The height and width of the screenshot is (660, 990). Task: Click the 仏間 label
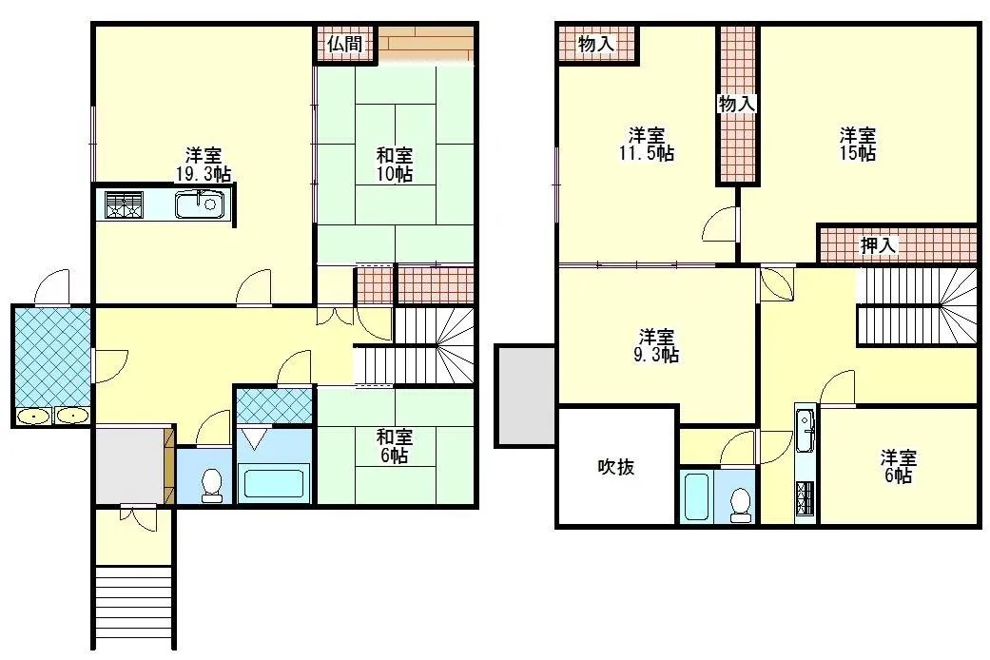point(344,44)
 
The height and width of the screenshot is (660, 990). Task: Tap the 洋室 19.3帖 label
point(203,165)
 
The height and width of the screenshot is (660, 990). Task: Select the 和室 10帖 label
point(395,165)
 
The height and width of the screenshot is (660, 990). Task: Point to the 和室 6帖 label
point(395,446)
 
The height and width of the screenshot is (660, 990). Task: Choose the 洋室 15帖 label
point(858,144)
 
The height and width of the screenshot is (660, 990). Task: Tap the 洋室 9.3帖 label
point(656,345)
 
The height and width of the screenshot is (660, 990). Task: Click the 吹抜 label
point(615,467)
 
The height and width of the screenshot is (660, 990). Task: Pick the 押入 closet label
point(878,245)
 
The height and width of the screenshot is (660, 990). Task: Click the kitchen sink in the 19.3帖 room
point(199,204)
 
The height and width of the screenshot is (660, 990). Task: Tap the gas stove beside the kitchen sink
point(124,204)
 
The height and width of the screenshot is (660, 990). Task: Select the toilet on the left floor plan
point(211,486)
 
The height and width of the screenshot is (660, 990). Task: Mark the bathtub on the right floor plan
point(698,496)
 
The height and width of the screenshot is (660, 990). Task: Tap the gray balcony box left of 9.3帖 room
point(525,396)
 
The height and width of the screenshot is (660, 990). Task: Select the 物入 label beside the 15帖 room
point(737,104)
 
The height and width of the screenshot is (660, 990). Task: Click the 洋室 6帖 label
point(898,467)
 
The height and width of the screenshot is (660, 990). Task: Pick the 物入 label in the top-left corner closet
point(596,44)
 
